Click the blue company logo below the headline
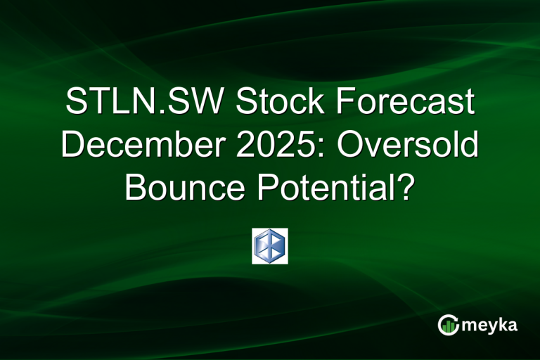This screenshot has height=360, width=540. point(270,246)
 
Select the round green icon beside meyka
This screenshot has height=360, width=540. point(448,325)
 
